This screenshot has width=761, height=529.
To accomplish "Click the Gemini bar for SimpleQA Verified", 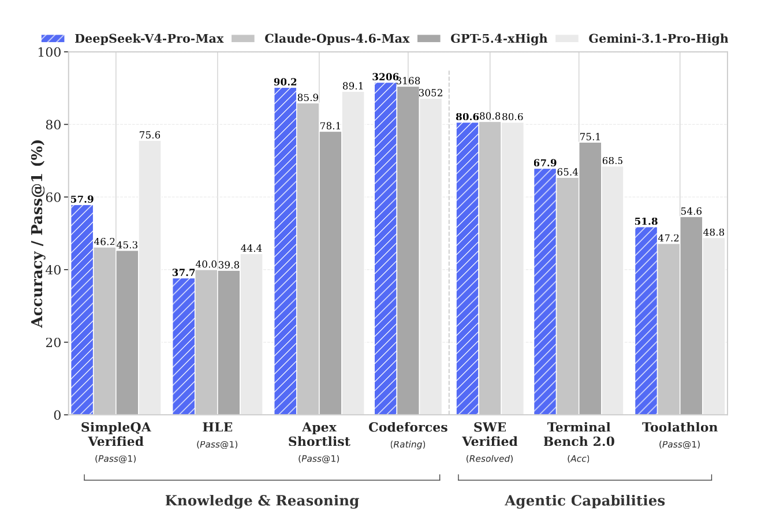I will click(x=150, y=278).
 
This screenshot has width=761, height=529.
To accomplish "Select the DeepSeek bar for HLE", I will click(x=184, y=347).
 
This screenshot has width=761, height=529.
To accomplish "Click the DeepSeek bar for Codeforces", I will click(x=386, y=249).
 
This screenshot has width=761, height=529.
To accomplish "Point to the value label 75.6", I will click(x=150, y=135).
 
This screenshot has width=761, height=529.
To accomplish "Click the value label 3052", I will click(x=431, y=93).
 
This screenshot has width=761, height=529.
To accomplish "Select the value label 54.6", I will click(x=691, y=211).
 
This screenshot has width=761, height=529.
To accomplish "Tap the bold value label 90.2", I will click(x=285, y=82).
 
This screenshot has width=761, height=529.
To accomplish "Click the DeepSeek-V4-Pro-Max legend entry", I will click(x=132, y=39).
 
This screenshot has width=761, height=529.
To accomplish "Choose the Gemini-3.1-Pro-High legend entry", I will click(x=641, y=39).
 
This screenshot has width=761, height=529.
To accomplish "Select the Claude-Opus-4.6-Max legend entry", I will click(x=320, y=39).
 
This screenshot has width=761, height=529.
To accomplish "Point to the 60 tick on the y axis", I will click(x=53, y=198).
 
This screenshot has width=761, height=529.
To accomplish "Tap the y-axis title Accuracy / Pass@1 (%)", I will click(x=38, y=233).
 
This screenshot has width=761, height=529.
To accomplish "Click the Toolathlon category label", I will click(x=680, y=427).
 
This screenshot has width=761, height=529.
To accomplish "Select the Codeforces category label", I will click(x=408, y=427).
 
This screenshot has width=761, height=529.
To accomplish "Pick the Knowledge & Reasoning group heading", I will click(x=262, y=501).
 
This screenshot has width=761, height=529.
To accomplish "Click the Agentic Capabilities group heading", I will click(x=584, y=501).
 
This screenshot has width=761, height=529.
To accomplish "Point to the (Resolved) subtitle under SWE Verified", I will click(x=490, y=459).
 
